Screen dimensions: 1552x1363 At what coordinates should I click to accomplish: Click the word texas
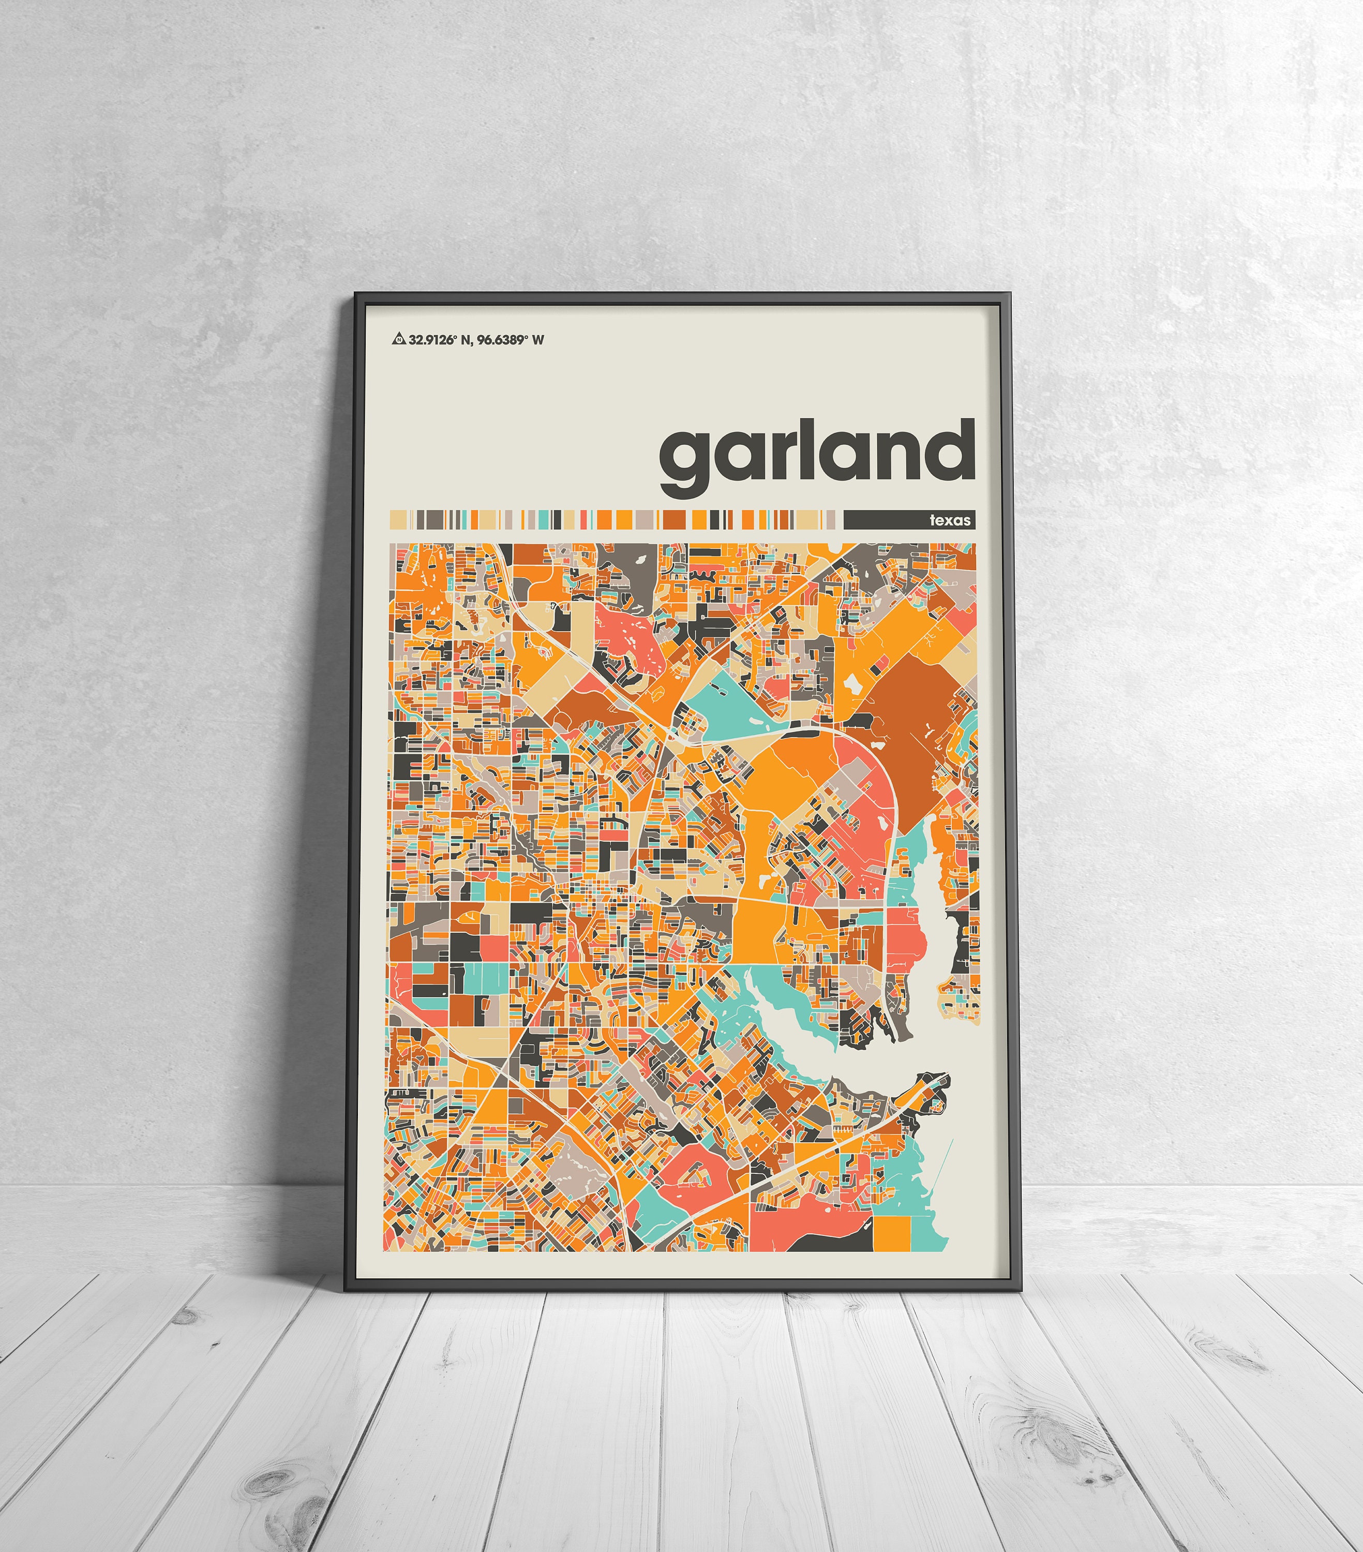(x=950, y=520)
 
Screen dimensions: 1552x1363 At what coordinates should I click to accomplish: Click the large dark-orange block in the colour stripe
(x=673, y=519)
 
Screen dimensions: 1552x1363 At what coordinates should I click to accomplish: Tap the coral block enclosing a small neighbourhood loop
(x=693, y=1174)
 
